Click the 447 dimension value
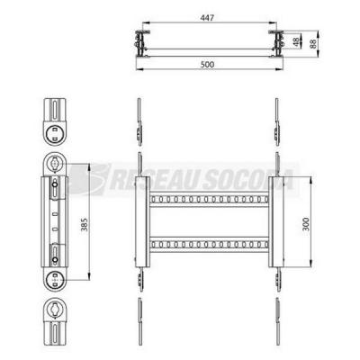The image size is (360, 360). (207, 18)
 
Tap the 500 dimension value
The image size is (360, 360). (207, 64)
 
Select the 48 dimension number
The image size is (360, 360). (297, 42)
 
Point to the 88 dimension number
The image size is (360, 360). (313, 43)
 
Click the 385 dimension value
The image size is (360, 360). (85, 224)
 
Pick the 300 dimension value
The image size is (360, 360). (306, 224)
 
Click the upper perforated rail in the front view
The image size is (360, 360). (209, 199)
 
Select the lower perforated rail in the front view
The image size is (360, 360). (209, 245)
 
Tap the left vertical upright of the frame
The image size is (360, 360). (142, 221)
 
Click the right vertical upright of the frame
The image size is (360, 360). (275, 221)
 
